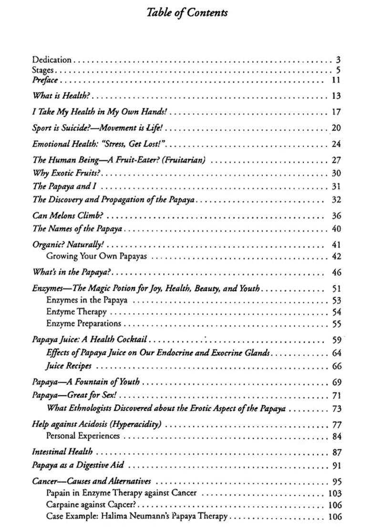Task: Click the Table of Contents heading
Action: [x=187, y=13]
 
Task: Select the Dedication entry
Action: [x=52, y=60]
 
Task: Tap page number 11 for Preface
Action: [x=336, y=80]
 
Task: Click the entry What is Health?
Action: [x=61, y=96]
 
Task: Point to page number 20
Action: [x=336, y=128]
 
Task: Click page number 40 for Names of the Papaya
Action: [x=336, y=229]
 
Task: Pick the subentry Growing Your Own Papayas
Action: [x=96, y=256]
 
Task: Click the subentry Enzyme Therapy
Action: [x=76, y=312]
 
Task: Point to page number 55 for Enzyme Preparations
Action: [x=336, y=323]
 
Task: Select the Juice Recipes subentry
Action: [x=69, y=366]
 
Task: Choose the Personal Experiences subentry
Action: [x=83, y=435]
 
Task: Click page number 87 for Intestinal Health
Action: [x=336, y=452]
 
